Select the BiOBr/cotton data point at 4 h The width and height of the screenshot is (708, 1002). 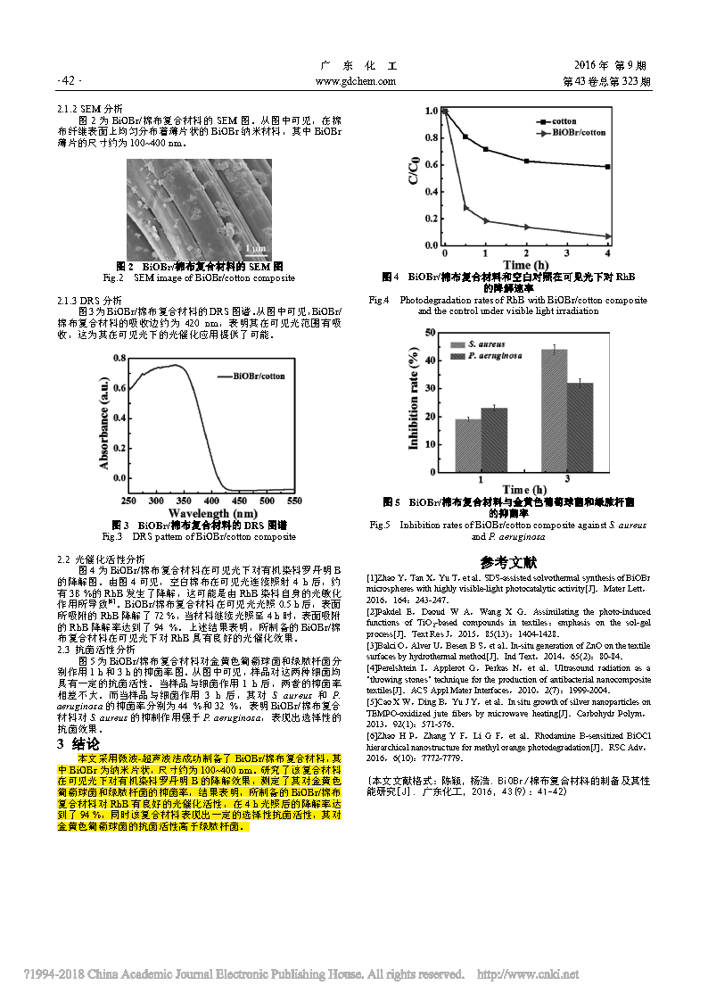tap(607, 236)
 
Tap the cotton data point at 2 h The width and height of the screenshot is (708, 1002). tap(526, 161)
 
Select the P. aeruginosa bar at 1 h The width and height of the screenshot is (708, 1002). tap(494, 439)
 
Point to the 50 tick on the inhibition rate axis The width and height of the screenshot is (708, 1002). tap(431, 333)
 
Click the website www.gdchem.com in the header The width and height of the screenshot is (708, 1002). tap(356, 81)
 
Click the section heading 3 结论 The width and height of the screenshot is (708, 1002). tap(79, 743)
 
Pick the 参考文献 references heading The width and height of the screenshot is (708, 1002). tap(509, 562)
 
